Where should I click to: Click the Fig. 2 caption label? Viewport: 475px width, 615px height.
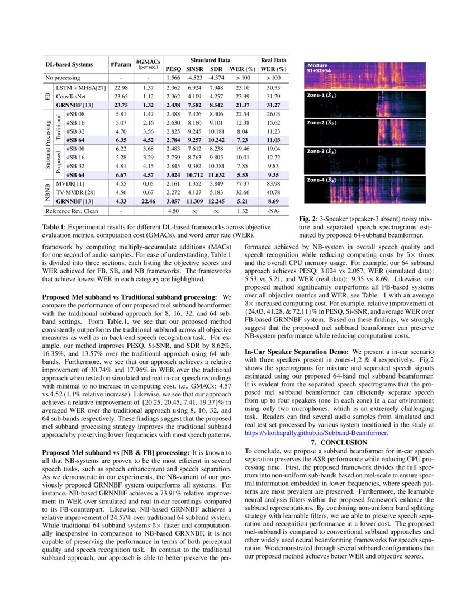pos(310,219)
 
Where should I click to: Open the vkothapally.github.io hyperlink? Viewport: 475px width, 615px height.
pos(316,432)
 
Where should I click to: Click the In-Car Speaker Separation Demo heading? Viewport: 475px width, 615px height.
pos(296,352)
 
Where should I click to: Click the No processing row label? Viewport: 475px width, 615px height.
pos(63,78)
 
